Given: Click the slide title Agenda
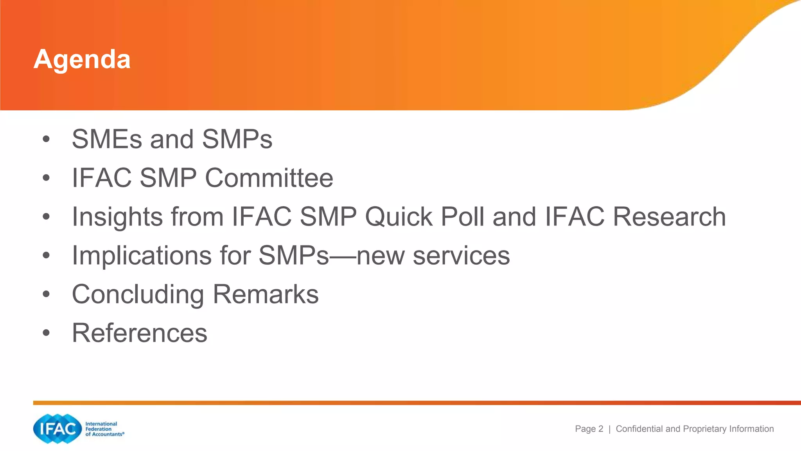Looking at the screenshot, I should click(82, 60).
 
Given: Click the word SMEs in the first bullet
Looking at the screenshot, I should click(107, 139).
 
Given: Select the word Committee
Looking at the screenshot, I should click(269, 178).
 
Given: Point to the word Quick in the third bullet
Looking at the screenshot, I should click(399, 217).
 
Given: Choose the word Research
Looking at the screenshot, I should click(669, 217).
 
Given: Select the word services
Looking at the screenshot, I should click(461, 256).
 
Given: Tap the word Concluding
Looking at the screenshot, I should click(138, 294).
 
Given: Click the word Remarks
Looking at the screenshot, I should click(266, 294).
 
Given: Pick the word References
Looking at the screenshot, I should click(139, 333).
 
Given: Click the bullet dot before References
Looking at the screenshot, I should click(46, 333).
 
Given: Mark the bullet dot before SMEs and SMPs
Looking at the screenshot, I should click(46, 139).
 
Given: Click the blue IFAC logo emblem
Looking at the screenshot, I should click(57, 429).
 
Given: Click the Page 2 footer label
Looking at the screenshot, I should click(589, 429).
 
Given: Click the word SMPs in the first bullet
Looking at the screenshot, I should click(237, 139).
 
